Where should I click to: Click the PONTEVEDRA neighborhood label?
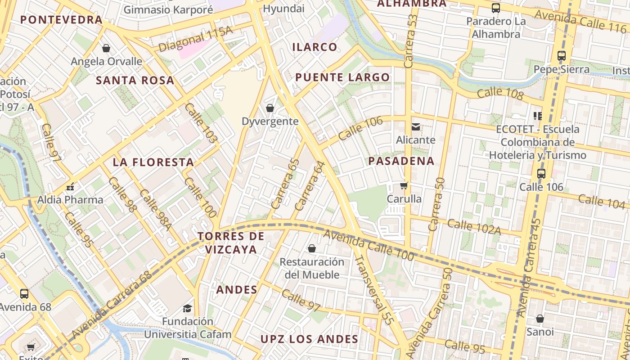(62, 20)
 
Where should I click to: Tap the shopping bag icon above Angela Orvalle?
(106, 48)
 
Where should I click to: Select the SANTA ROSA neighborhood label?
(135, 81)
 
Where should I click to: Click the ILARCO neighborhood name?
(315, 47)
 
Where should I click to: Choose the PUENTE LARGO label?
(342, 77)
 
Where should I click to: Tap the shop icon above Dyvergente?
(270, 108)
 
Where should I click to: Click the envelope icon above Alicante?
(416, 127)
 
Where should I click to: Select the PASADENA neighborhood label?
(401, 161)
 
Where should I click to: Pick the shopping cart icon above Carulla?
(404, 185)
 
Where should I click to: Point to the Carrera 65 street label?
(286, 184)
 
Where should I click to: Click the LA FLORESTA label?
(153, 162)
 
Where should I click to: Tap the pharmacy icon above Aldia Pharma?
(70, 186)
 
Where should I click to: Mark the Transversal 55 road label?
(374, 290)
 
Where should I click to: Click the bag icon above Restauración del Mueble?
(311, 248)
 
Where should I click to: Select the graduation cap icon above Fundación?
(187, 308)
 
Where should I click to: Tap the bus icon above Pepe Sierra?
(561, 56)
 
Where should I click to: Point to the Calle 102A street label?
(474, 227)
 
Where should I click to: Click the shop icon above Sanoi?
(540, 319)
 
